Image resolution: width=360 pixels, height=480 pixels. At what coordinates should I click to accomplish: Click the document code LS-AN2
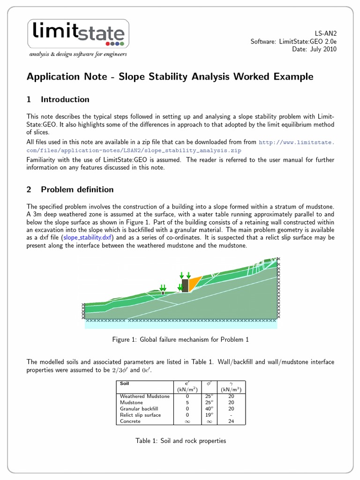pos(324,34)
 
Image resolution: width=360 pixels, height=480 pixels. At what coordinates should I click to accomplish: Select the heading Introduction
pos(65,99)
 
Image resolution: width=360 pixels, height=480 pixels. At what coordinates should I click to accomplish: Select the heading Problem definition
pos(77,189)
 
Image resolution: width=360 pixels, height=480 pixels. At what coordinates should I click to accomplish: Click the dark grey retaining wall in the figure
pos(185,286)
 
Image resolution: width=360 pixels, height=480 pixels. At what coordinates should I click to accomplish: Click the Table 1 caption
pos(180,441)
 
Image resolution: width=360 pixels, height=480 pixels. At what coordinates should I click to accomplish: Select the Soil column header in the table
pos(125,383)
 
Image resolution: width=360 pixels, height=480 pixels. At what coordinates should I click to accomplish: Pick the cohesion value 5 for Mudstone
pos(187,402)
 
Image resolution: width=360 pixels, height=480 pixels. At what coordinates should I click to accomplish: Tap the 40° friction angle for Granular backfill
pos(210,409)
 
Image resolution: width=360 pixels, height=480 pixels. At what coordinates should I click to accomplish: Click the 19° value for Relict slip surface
pos(210,415)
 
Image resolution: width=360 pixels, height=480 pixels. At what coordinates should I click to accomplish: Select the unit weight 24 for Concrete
pos(231,421)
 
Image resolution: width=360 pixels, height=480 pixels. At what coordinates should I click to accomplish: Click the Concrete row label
pos(131,421)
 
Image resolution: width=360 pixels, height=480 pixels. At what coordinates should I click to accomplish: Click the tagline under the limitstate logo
pos(78,54)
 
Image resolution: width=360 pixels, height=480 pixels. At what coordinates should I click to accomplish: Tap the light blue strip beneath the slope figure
pos(180,324)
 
